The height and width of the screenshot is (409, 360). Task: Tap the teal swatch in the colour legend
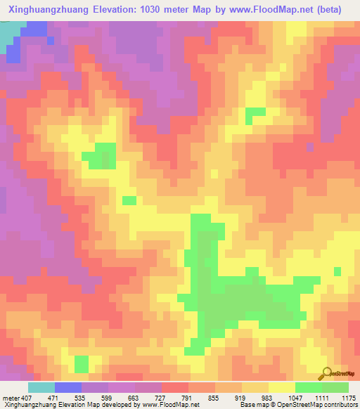click(x=41, y=387)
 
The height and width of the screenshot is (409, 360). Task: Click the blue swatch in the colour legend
click(x=67, y=387)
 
